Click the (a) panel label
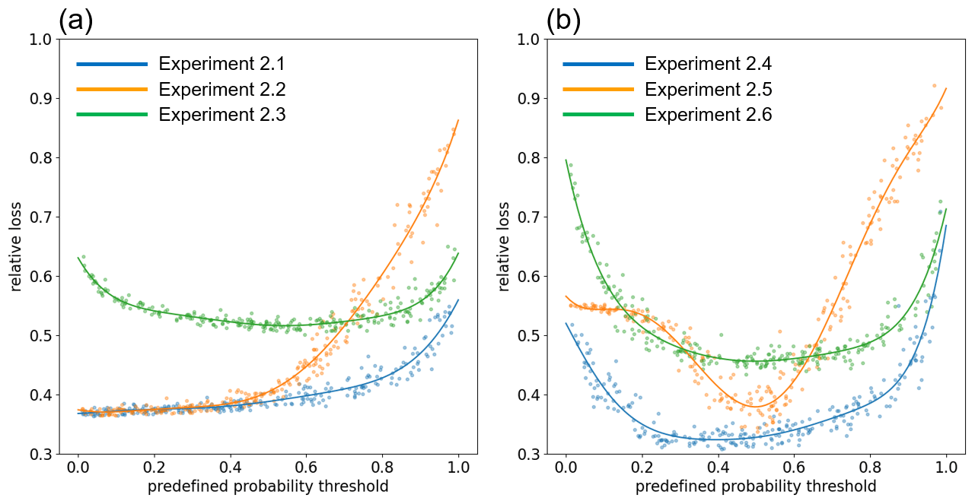tap(75, 20)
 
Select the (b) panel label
tap(563, 20)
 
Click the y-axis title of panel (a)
tap(17, 247)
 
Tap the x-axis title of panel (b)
tap(756, 487)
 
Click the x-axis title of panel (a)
tap(268, 487)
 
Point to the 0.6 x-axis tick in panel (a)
tap(306, 466)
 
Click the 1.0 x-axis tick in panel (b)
tap(946, 466)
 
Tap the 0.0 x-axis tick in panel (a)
tap(78, 466)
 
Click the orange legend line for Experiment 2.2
tap(111, 90)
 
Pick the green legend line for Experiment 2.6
tap(598, 115)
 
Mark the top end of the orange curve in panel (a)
tap(458, 120)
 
